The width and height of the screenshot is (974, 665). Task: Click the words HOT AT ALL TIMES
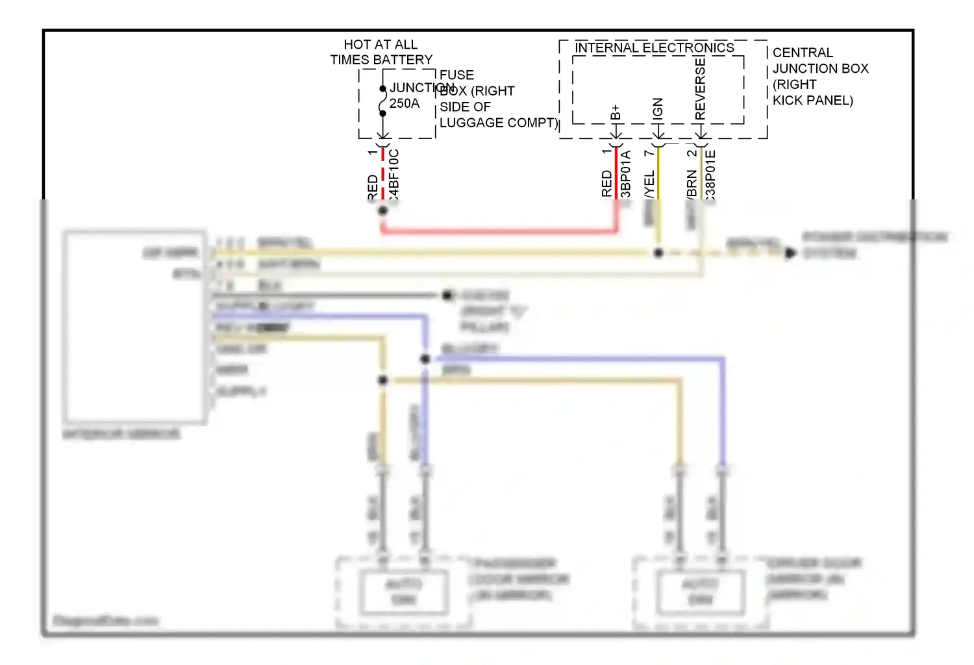(381, 45)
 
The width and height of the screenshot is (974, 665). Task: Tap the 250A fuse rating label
(405, 104)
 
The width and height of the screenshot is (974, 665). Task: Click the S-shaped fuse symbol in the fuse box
(382, 101)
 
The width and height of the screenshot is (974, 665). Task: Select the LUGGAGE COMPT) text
(498, 123)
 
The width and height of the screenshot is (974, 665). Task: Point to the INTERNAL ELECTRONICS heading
(655, 48)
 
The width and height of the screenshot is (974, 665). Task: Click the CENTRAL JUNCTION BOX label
(820, 68)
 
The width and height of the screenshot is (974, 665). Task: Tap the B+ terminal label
(616, 112)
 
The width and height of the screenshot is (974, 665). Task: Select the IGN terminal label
(658, 108)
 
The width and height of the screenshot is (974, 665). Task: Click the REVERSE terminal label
(700, 88)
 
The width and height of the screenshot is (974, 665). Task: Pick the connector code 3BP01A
(626, 174)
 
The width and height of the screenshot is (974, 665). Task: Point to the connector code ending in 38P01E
(710, 174)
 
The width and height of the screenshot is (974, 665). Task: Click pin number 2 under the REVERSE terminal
(691, 153)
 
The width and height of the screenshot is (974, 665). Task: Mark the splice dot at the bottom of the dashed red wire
(382, 210)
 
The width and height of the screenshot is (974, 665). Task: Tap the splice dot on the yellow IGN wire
(658, 253)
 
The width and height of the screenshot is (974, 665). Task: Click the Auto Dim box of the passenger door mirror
(404, 592)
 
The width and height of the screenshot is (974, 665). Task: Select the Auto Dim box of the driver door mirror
(700, 592)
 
